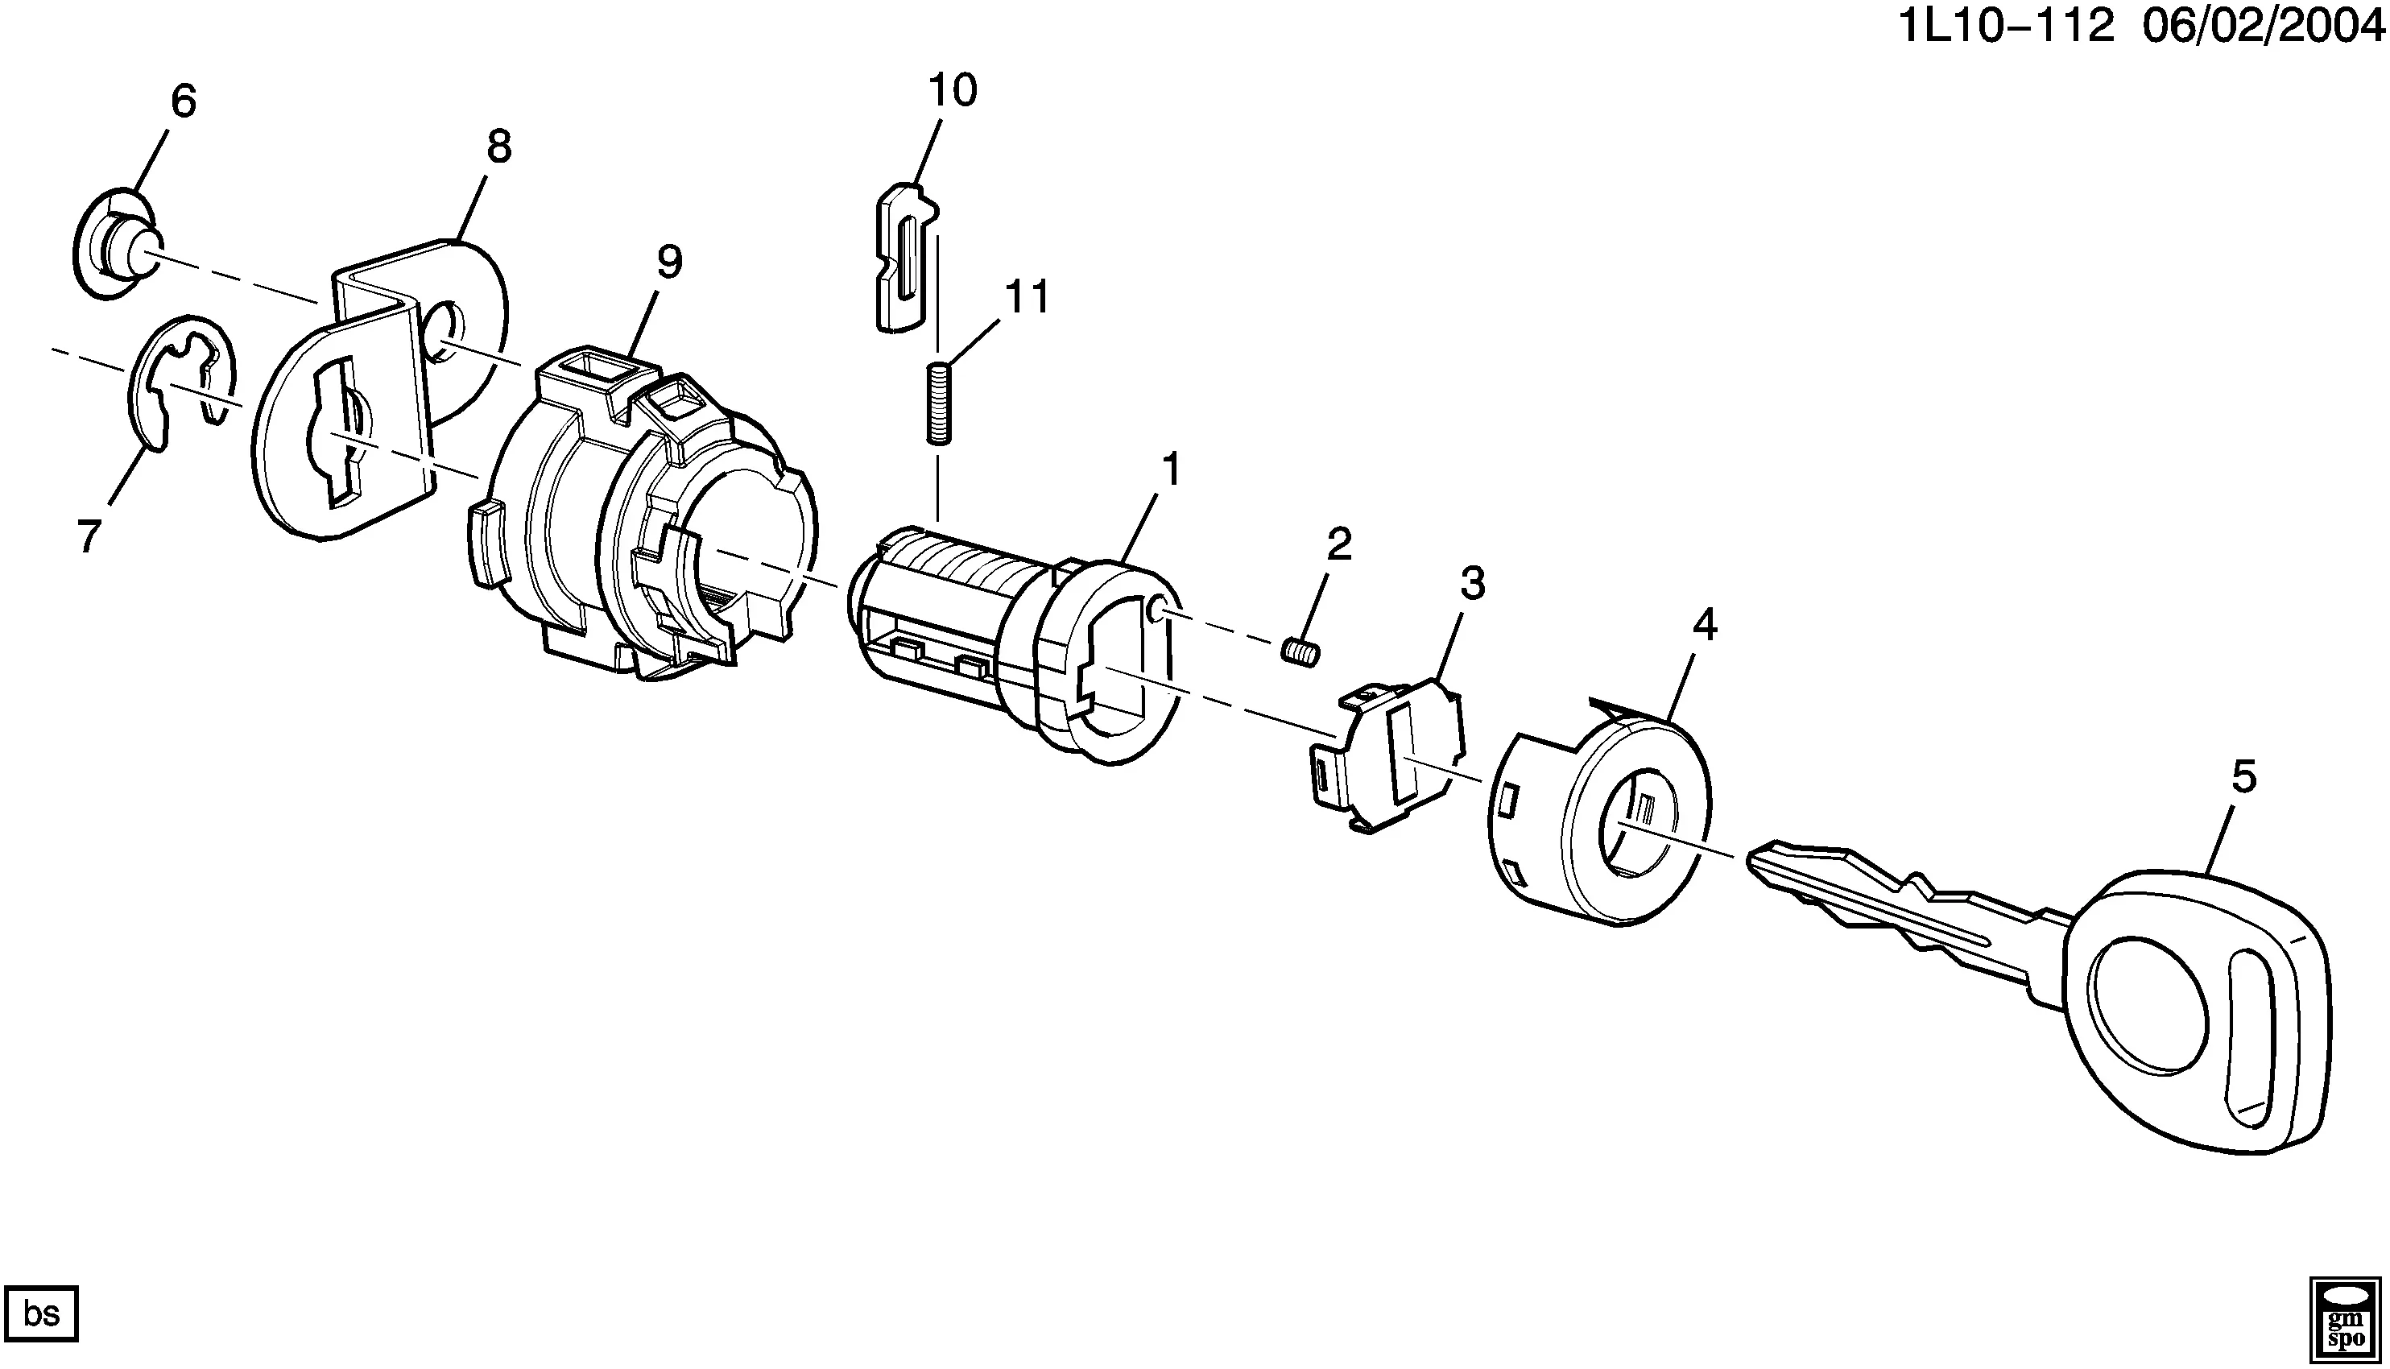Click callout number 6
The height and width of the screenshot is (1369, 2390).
pos(184,101)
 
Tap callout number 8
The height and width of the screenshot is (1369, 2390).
pos(499,147)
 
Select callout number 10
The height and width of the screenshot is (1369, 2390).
pos(953,90)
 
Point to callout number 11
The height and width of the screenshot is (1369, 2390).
pos(1026,297)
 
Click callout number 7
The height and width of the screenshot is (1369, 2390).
pos(89,537)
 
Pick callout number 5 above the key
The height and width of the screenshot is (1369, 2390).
pos(2243,776)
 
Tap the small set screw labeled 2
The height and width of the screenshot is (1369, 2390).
pos(1302,651)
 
